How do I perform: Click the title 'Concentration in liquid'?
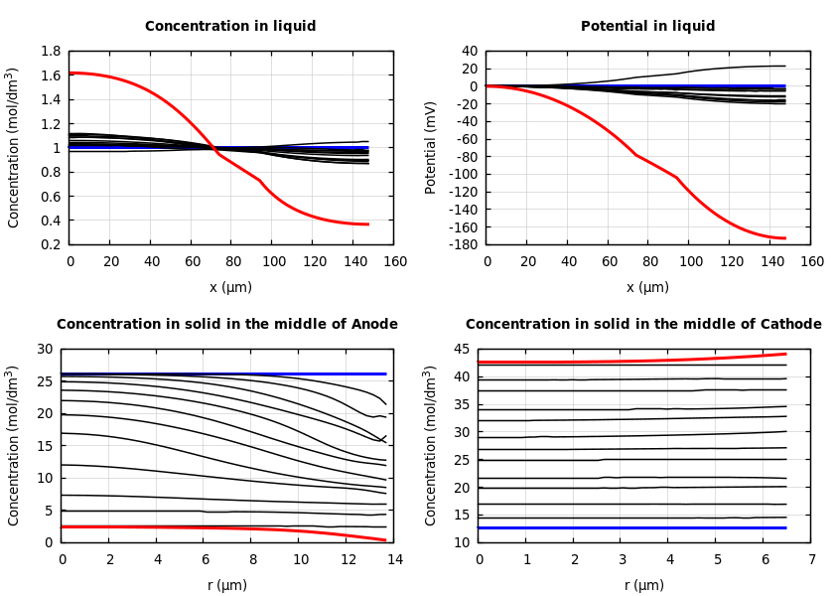tap(230, 27)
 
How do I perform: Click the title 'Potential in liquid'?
tap(647, 27)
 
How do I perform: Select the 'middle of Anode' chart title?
tap(226, 325)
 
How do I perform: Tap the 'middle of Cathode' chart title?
tap(643, 325)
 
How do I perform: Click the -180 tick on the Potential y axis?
tap(463, 244)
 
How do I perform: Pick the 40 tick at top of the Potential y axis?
tap(469, 51)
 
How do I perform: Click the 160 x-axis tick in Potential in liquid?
tap(811, 262)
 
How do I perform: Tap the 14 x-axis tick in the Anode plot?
tap(394, 560)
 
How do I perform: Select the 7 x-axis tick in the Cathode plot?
tap(811, 560)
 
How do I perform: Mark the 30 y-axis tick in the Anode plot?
tap(44, 349)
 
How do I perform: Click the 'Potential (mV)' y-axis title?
tap(431, 147)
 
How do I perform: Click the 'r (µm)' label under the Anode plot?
tap(226, 585)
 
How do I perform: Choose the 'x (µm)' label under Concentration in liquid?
tap(230, 287)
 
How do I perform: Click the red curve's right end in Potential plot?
tap(784, 238)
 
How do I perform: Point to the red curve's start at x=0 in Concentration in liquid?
tap(71, 73)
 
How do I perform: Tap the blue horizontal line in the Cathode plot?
tap(635, 527)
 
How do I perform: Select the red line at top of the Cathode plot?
tap(635, 361)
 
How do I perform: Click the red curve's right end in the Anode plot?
tap(384, 540)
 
